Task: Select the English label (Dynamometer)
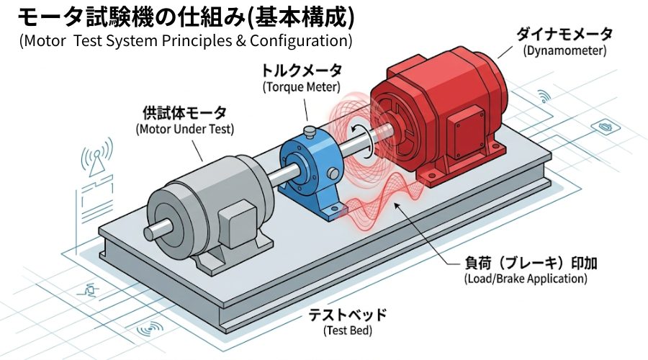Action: tap(564, 51)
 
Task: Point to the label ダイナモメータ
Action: tap(564, 34)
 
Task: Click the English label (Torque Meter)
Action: tap(301, 87)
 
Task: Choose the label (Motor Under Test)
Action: tap(185, 129)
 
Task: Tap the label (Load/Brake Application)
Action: tap(526, 278)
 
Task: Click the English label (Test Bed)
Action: tap(348, 330)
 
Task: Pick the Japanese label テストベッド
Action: tap(348, 315)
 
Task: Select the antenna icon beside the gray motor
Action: tap(96, 158)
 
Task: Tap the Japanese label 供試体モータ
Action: tap(185, 112)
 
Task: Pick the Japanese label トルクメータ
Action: tap(301, 71)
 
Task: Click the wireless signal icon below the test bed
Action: tap(150, 330)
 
